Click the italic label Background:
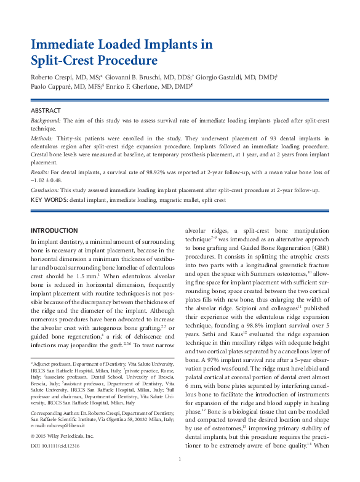(46, 121)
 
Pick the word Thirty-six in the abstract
(70, 139)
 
